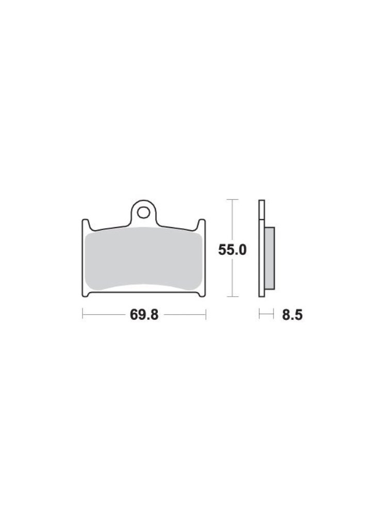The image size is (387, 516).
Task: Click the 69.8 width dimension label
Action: pyautogui.click(x=144, y=315)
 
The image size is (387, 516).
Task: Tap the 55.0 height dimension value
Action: pyautogui.click(x=232, y=250)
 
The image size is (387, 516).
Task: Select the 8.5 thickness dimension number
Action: pyautogui.click(x=292, y=315)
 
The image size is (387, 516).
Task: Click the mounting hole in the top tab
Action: pyautogui.click(x=143, y=213)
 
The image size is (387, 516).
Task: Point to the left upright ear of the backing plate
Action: pyautogui.click(x=85, y=225)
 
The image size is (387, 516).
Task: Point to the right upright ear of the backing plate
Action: pyautogui.click(x=202, y=225)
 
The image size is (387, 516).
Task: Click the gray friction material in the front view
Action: pyautogui.click(x=143, y=260)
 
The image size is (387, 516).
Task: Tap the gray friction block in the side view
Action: pyautogui.click(x=269, y=259)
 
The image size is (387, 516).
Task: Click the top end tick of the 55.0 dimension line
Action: pyautogui.click(x=233, y=199)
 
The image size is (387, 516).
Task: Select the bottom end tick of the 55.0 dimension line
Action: pyautogui.click(x=233, y=297)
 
